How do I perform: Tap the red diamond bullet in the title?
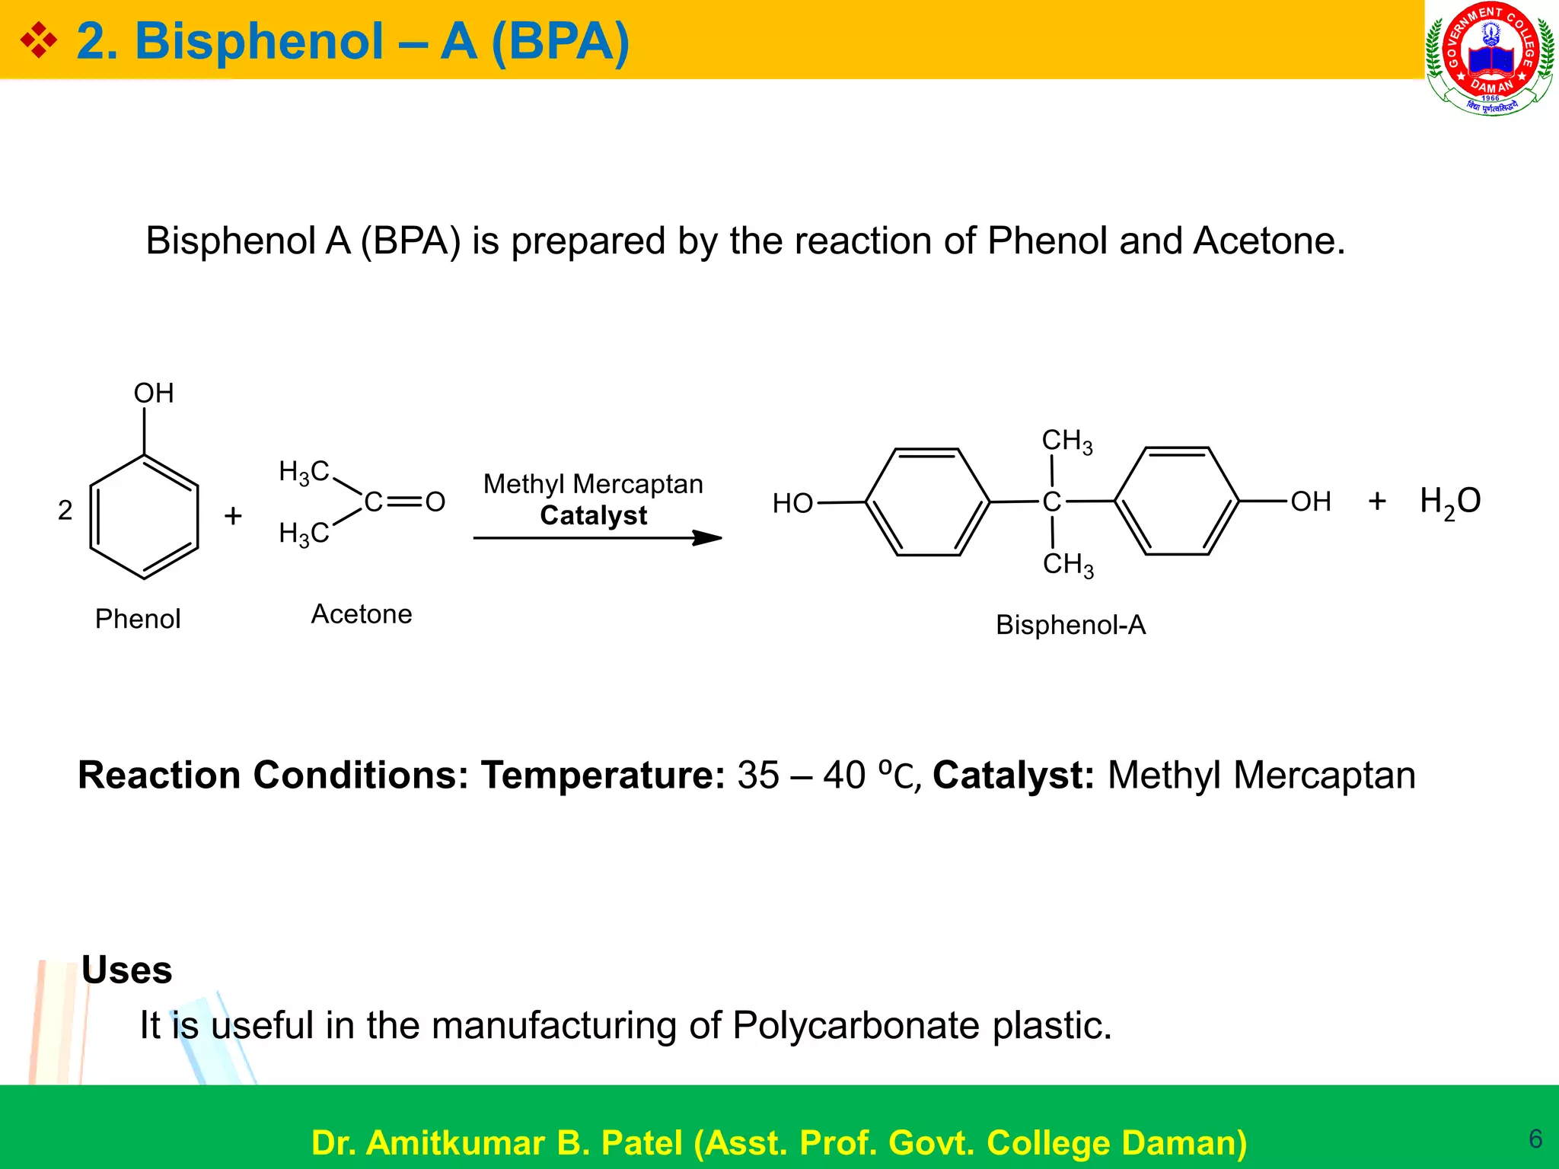click(x=38, y=40)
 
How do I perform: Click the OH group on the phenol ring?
click(x=154, y=393)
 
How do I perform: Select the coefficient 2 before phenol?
click(x=65, y=510)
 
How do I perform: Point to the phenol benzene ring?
click(x=144, y=517)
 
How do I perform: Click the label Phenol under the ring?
click(x=138, y=619)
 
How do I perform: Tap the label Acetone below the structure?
click(x=362, y=614)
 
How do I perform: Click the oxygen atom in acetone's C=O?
click(x=435, y=502)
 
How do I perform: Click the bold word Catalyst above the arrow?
click(x=593, y=515)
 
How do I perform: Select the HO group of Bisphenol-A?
click(x=792, y=503)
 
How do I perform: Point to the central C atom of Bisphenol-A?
click(x=1051, y=502)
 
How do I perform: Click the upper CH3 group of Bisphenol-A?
click(x=1066, y=441)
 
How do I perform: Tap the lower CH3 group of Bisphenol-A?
click(x=1068, y=565)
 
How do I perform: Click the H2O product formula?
click(x=1450, y=502)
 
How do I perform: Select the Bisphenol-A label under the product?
click(x=1070, y=625)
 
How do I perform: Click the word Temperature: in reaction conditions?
click(x=603, y=776)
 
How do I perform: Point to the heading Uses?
click(x=127, y=970)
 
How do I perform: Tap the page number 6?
click(x=1535, y=1139)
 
